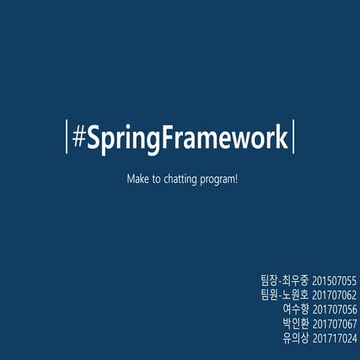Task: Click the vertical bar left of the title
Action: (67, 137)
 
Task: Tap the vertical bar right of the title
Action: (292, 137)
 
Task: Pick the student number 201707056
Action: (334, 309)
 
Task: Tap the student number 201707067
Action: (334, 324)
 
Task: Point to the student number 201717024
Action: (334, 339)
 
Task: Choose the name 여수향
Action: (295, 309)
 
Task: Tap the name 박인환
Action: (295, 324)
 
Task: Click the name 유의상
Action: (295, 339)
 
